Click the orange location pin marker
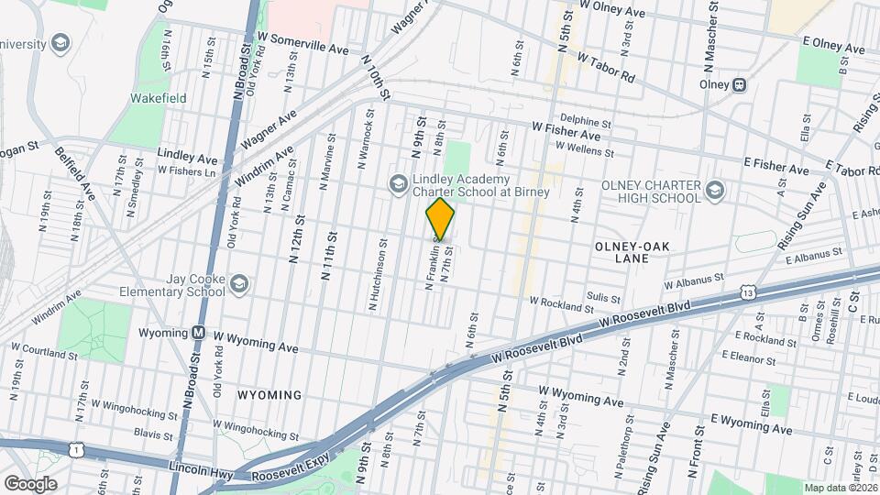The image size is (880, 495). (x=441, y=220)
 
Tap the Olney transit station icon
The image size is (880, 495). (x=739, y=84)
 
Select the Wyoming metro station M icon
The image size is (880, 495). (x=197, y=332)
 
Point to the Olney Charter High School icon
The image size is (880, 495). (x=715, y=192)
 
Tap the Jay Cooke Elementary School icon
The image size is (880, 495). (x=238, y=284)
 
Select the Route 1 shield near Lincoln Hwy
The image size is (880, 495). (x=72, y=449)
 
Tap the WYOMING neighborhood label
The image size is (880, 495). (x=269, y=395)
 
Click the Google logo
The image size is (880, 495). (x=29, y=483)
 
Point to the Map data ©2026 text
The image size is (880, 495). (x=840, y=488)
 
